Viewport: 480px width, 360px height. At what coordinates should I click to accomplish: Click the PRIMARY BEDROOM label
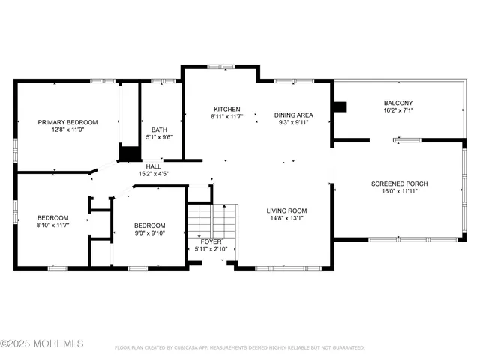[x=67, y=122]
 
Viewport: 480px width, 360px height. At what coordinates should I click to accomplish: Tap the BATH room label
[x=159, y=130]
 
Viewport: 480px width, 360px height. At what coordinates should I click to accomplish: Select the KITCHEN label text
[x=227, y=109]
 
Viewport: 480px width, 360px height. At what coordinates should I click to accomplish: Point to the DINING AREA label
[x=293, y=115]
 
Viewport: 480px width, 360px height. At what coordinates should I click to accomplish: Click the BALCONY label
[x=398, y=103]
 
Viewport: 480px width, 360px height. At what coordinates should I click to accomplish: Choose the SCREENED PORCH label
[x=400, y=184]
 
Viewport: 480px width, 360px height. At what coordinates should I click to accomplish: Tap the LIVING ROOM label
[x=286, y=211]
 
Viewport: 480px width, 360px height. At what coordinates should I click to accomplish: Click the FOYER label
[x=211, y=241]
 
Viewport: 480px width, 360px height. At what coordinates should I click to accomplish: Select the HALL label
[x=153, y=166]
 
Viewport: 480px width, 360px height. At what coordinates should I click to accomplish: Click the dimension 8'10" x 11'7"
[x=53, y=226]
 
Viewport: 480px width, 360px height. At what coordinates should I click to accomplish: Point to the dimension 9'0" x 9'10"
[x=150, y=233]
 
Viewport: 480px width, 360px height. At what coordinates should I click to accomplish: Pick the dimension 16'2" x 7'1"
[x=398, y=110]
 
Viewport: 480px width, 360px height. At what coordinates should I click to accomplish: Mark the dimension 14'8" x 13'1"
[x=286, y=218]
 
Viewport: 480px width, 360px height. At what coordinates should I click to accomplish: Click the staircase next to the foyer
[x=213, y=221]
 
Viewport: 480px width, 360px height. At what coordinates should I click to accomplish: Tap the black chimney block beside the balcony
[x=340, y=106]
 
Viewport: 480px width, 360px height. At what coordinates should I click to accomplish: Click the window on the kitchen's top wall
[x=221, y=67]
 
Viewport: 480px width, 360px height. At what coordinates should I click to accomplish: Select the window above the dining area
[x=294, y=81]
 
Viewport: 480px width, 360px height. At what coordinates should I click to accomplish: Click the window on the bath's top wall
[x=163, y=81]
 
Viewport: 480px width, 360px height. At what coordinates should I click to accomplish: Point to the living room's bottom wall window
[x=288, y=268]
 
